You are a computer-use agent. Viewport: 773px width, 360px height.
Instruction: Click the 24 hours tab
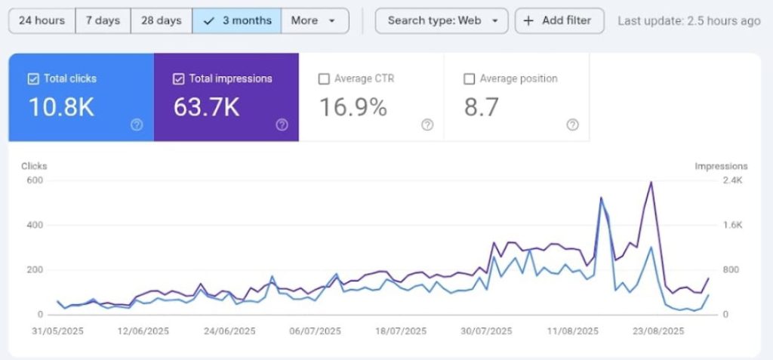tap(42, 20)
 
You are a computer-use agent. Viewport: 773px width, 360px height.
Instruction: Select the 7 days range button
tap(103, 20)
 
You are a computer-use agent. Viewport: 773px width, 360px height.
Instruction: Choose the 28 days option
tap(161, 20)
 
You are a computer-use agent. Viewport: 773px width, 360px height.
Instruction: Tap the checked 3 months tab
tap(236, 20)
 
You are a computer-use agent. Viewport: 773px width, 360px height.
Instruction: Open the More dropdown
tap(313, 20)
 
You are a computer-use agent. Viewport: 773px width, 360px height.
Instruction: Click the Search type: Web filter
tap(442, 20)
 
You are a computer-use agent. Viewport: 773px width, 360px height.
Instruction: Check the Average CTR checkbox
tap(324, 78)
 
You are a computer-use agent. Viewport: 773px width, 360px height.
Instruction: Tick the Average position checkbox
tap(469, 78)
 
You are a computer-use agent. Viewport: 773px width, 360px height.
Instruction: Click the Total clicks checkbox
tap(33, 78)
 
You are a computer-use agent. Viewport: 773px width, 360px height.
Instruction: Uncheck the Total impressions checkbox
tap(178, 78)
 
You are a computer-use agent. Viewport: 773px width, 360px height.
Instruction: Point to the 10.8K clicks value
tap(62, 108)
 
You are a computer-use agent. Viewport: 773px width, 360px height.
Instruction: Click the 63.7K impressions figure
tap(207, 108)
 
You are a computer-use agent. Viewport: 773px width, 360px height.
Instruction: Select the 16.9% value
tap(353, 108)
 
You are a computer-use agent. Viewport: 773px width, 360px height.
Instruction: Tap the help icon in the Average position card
tap(572, 125)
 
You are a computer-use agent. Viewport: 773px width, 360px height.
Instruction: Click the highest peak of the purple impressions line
tap(651, 182)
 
